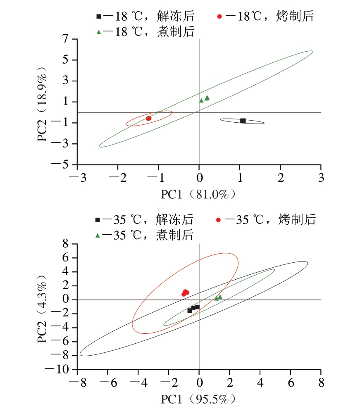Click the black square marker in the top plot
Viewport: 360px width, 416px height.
click(243, 121)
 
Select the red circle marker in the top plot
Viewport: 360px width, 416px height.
click(148, 119)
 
